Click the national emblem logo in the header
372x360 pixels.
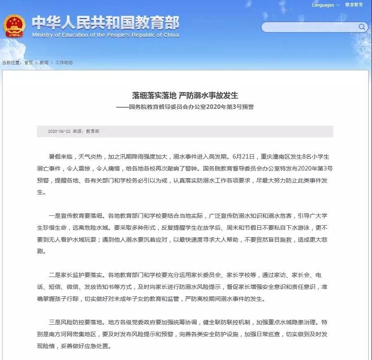coord(15,26)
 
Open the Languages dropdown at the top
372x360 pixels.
coord(325,5)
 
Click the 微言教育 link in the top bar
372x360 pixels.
coord(354,5)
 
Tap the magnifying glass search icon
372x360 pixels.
coord(362,27)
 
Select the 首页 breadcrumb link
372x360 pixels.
coord(28,62)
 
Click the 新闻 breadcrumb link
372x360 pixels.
coord(44,62)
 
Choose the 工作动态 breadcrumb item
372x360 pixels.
coord(64,62)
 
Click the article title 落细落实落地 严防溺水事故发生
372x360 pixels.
coord(185,96)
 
